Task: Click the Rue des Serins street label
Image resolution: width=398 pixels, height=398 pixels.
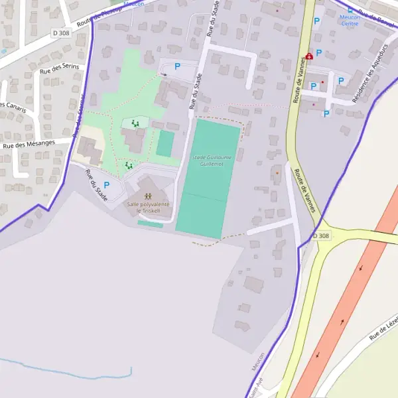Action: pyautogui.click(x=60, y=67)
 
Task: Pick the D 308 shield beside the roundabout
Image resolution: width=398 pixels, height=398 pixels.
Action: pyautogui.click(x=322, y=236)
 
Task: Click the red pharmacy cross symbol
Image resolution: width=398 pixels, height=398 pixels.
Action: pyautogui.click(x=309, y=58)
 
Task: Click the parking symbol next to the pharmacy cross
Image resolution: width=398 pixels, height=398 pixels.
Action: pyautogui.click(x=319, y=53)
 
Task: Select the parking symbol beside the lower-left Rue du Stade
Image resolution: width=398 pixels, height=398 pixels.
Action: pyautogui.click(x=106, y=185)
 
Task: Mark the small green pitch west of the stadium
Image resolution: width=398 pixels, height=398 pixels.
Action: pyautogui.click(x=165, y=143)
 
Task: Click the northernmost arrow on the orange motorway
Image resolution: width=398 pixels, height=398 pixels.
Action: pyautogui.click(x=361, y=269)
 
